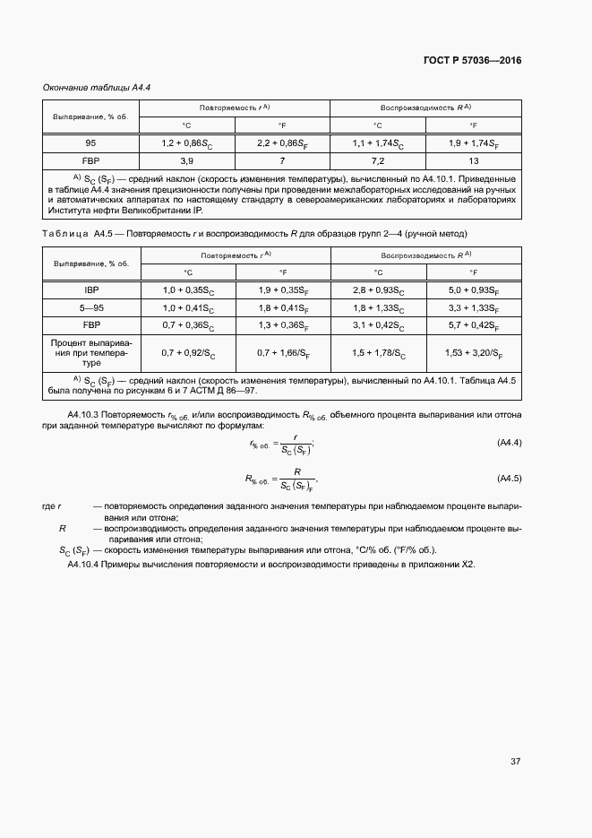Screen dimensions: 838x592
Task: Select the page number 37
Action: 515,762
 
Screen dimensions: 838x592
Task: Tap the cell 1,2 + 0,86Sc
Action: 187,143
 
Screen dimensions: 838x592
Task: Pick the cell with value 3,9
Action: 187,160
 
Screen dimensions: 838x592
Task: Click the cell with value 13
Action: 473,160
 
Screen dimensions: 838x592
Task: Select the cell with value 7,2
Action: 377,160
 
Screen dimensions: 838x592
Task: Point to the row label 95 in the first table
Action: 90,143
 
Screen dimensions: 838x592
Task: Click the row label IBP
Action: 90,290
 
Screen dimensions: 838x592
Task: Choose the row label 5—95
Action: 90,307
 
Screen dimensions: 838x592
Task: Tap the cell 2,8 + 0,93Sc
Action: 377,290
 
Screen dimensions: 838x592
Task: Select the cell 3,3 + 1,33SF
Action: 473,307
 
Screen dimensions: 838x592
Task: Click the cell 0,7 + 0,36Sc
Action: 187,324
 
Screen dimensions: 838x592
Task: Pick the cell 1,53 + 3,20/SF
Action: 473,353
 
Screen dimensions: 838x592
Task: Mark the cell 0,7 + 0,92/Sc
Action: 187,353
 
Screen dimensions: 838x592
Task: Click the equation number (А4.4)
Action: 508,443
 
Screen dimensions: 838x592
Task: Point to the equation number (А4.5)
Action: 508,477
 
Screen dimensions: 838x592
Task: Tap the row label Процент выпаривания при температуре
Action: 90,353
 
